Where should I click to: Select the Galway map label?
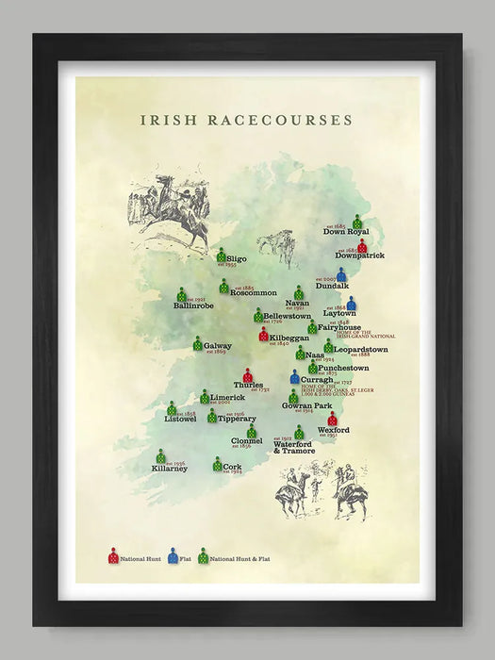(217, 346)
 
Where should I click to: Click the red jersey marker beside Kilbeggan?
(264, 334)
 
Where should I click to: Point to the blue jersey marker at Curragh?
(294, 377)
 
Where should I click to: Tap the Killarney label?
(169, 469)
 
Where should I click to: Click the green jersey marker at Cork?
(217, 464)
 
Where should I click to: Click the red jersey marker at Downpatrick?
(362, 245)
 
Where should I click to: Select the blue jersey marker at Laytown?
(351, 304)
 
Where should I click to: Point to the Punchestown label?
(343, 368)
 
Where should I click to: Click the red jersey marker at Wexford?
(333, 419)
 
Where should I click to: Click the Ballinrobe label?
(194, 305)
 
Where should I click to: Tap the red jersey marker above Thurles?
(248, 374)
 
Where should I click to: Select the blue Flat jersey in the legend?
(173, 556)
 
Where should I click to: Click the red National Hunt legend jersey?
(113, 556)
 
